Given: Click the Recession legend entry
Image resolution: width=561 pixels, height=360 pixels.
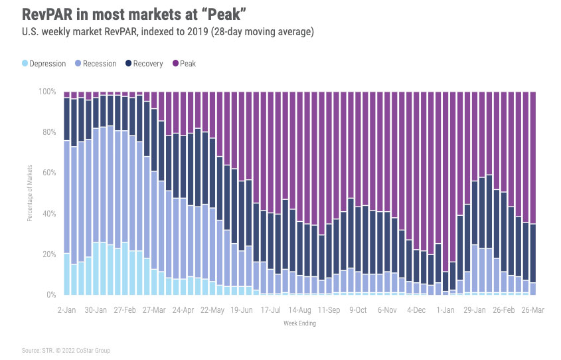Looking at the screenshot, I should (x=96, y=64).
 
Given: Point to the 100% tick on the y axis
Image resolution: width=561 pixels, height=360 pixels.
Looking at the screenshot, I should (x=48, y=91).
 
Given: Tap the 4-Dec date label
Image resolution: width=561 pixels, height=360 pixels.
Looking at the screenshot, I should (x=416, y=310).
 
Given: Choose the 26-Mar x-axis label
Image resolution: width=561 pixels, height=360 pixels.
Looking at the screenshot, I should (x=532, y=310).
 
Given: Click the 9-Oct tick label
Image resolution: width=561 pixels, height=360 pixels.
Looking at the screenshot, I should (x=358, y=310).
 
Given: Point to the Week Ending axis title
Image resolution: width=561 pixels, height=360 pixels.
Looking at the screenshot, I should (x=300, y=324).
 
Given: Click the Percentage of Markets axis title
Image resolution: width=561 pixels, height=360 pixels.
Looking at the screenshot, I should (x=30, y=193).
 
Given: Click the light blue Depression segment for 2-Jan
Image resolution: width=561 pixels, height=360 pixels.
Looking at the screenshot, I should (x=66, y=274).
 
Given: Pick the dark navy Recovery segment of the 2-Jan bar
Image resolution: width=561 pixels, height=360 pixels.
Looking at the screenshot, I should (x=66, y=120).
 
